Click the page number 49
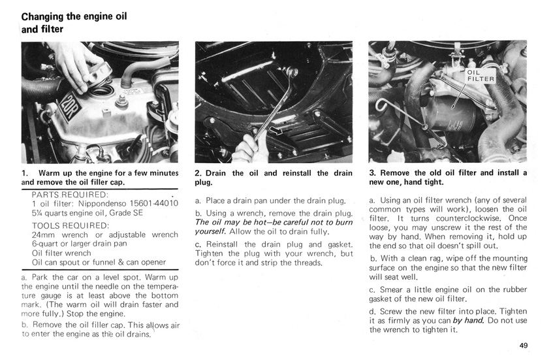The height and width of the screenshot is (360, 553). point(523,346)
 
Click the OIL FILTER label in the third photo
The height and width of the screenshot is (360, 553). point(481,75)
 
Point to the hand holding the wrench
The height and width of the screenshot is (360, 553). point(249,148)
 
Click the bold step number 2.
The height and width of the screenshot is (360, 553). point(198,173)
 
